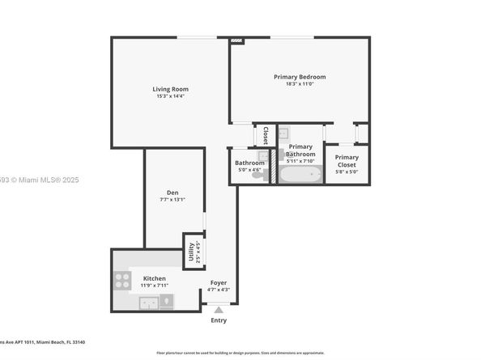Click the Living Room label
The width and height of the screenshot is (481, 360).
click(171, 89)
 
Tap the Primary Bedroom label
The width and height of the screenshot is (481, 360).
click(299, 76)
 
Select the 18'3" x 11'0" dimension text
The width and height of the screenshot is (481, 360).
click(299, 83)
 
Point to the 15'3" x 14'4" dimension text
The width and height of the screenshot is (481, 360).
click(171, 96)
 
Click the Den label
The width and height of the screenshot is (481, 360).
click(173, 192)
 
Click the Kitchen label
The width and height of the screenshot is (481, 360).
click(155, 278)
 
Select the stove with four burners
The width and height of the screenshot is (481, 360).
click(122, 281)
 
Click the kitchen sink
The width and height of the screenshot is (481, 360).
click(148, 303)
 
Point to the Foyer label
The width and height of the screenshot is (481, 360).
click(219, 282)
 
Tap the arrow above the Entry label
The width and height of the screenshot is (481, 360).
click(219, 308)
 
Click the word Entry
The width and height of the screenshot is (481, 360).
click(219, 320)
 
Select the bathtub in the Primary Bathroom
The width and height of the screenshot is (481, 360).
click(300, 173)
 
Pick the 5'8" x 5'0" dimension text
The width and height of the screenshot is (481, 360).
click(347, 172)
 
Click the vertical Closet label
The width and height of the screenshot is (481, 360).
click(266, 134)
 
